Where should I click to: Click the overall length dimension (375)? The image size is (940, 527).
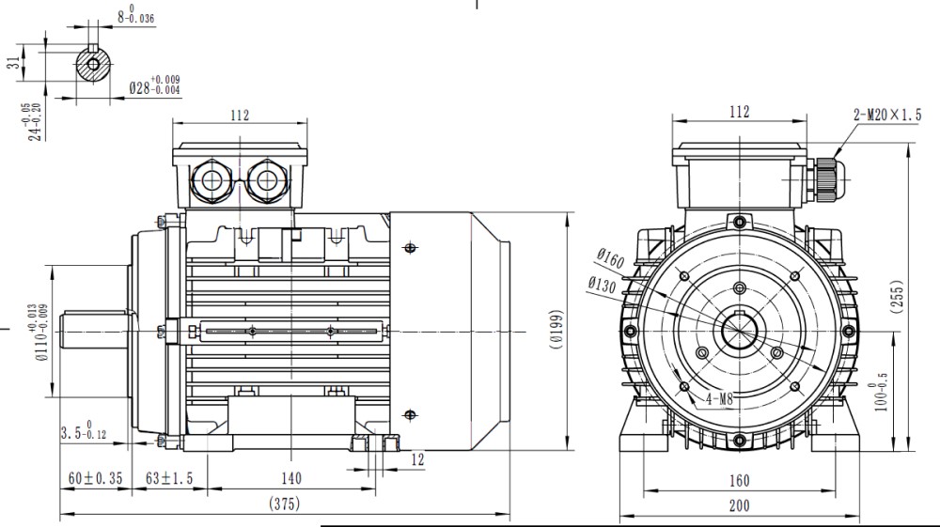click(x=284, y=504)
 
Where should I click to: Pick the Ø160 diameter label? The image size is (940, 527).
click(x=610, y=255)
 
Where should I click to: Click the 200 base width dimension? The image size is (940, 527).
click(x=740, y=506)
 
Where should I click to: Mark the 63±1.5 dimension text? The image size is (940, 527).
click(x=169, y=478)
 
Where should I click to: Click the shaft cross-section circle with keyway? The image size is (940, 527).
click(x=93, y=64)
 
